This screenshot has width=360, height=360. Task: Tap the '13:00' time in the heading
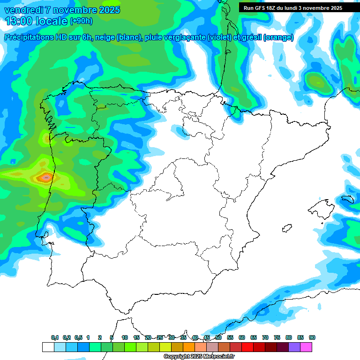click(x=18, y=21)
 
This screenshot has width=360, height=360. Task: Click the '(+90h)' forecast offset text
click(x=81, y=21)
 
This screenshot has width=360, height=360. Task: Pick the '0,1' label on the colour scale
click(x=55, y=337)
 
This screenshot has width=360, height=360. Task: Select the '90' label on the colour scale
click(x=312, y=337)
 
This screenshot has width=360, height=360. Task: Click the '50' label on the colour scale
click(x=218, y=337)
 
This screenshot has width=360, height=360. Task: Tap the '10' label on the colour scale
click(x=125, y=337)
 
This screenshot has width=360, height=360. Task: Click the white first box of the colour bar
click(x=48, y=347)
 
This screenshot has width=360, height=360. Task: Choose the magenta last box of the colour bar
click(x=306, y=347)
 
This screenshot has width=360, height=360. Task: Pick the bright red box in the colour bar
click(x=247, y=347)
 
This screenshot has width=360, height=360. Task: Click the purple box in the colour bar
click(x=294, y=347)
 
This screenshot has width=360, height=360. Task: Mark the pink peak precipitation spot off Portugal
click(x=46, y=177)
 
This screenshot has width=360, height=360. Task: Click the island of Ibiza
click(x=287, y=228)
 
